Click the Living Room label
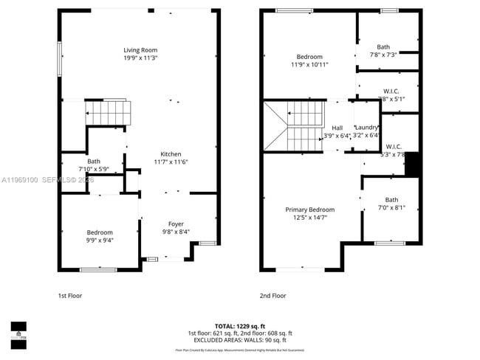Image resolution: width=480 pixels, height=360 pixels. pos(140,50)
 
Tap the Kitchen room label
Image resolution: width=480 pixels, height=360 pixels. pos(171,154)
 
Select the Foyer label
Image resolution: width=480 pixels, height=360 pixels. pos(176,224)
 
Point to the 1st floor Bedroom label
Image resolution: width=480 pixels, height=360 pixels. pos(100,232)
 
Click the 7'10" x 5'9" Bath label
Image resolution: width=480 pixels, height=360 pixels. pos(94,161)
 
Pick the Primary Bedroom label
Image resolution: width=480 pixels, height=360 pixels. pos(310,210)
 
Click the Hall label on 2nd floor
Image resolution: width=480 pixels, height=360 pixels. pos(337,128)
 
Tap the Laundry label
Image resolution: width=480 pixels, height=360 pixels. pos(366,128)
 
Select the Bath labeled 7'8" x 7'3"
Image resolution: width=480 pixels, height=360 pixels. pos(383,46)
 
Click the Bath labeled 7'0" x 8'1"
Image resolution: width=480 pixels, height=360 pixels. pos(391,199)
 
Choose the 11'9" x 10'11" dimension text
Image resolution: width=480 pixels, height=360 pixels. pos(309,65)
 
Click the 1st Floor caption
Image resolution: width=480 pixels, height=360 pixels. pos(70,296)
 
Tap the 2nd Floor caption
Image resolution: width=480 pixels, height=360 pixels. pos(272,296)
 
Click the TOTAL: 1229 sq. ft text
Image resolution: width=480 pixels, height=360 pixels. pos(239,325)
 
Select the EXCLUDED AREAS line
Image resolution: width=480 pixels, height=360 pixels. pos(239,340)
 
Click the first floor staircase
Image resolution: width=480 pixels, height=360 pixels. pos(109,114)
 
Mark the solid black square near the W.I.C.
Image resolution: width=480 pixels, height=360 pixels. pos(413,163)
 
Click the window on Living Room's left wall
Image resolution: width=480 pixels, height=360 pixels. pos(60,58)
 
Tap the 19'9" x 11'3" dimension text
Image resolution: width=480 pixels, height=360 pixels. pos(140,58)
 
